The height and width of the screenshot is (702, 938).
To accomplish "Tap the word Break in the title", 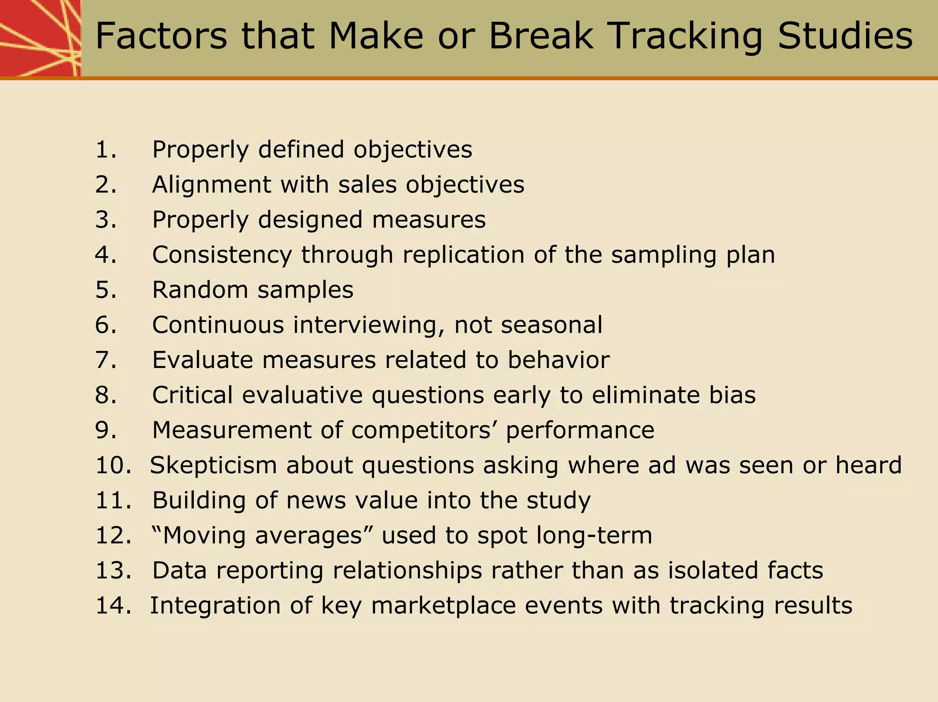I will [x=541, y=37].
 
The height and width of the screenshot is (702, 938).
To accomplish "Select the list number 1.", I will [x=106, y=150].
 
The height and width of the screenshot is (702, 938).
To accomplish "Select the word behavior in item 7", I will [x=558, y=360].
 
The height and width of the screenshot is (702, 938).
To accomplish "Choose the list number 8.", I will [x=106, y=395].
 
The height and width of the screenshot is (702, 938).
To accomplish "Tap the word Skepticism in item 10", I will [x=213, y=465].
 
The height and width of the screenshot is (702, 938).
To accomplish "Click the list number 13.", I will [x=113, y=571].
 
